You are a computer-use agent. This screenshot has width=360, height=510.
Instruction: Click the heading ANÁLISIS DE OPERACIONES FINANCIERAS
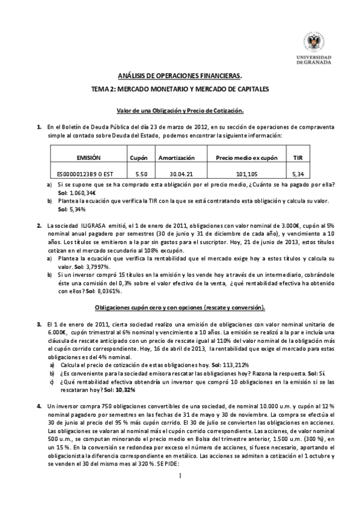(180, 76)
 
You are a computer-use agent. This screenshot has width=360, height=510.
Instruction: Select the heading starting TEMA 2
(180, 89)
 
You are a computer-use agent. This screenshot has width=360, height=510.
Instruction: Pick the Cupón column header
(139, 158)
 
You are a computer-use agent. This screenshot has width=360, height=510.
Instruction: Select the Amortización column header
(176, 158)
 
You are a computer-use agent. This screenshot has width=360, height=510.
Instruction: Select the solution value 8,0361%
(108, 291)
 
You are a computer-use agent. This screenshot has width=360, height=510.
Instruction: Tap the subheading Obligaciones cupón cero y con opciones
(180, 307)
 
